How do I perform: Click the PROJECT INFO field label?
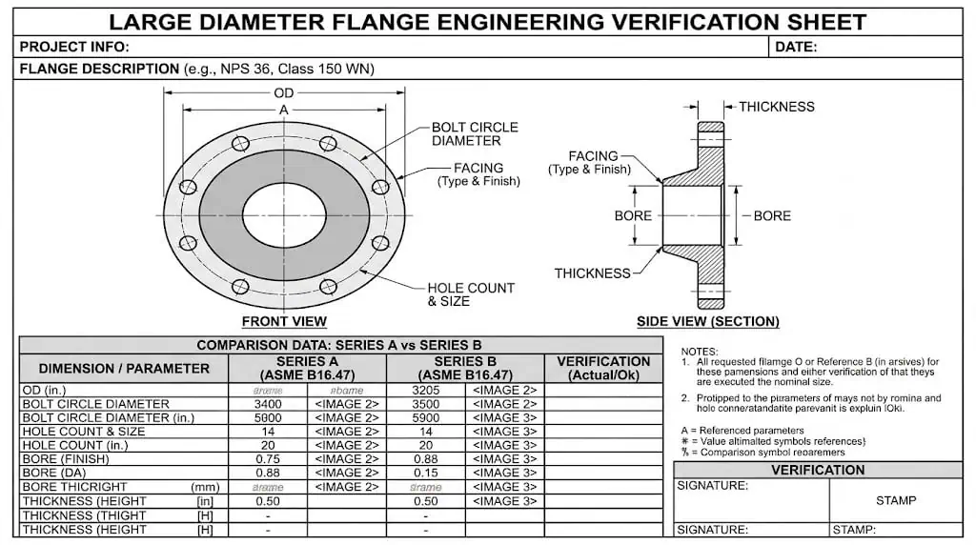point(73,47)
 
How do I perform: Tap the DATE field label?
point(796,47)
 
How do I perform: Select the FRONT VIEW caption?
point(284,321)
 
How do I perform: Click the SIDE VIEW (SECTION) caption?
point(707,321)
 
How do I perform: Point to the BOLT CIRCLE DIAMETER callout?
point(475,133)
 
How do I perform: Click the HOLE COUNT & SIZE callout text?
point(470,294)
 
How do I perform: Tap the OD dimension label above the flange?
point(284,92)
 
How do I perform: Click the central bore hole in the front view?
point(283,212)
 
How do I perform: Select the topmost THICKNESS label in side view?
point(777,107)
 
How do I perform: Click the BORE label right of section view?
point(772,216)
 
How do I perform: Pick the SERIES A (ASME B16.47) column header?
point(307,368)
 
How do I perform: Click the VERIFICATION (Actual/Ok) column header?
point(602,368)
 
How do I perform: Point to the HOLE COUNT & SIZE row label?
point(84,432)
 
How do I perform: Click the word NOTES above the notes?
point(700,352)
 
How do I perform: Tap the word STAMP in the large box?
point(895,500)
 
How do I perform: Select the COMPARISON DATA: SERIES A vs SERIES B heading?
point(339,345)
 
